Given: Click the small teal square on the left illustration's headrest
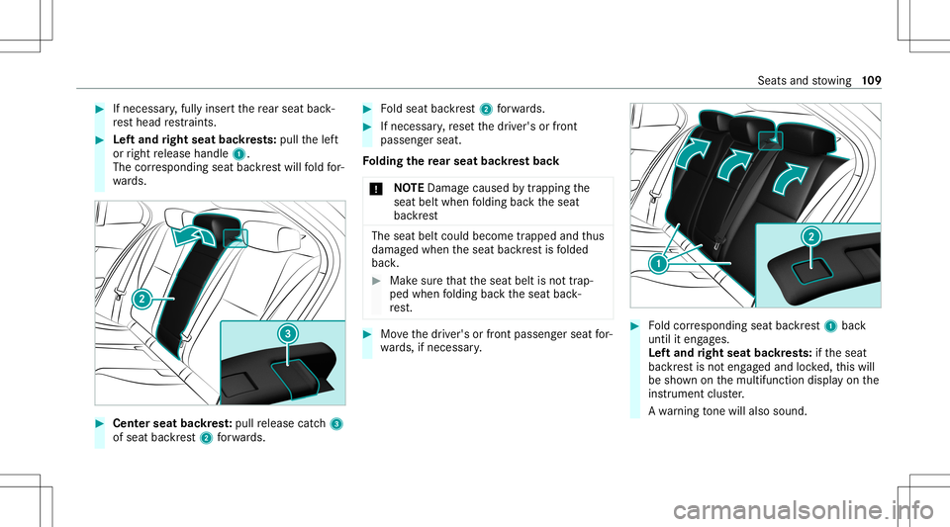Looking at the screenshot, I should (x=233, y=235).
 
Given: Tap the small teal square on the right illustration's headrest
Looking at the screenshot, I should (x=768, y=141).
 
